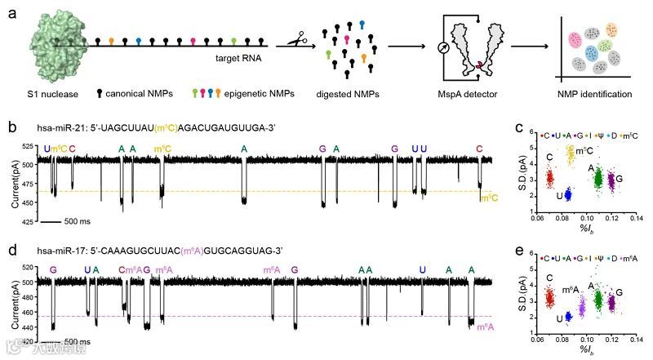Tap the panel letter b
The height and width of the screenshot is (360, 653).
tap(11, 128)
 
